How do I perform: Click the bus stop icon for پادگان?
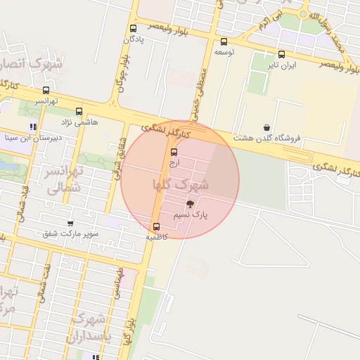134,29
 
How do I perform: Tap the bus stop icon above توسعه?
224,41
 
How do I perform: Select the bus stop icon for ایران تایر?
281,54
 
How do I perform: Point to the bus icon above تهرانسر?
46,90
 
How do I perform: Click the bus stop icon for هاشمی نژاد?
79,111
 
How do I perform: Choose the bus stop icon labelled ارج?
174,151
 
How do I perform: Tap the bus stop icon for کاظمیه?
156,226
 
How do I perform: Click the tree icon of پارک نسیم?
188,202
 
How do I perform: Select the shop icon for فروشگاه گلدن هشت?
267,127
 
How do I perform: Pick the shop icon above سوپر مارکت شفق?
70,223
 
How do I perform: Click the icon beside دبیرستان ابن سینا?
33,127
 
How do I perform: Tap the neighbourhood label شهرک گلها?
181,185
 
